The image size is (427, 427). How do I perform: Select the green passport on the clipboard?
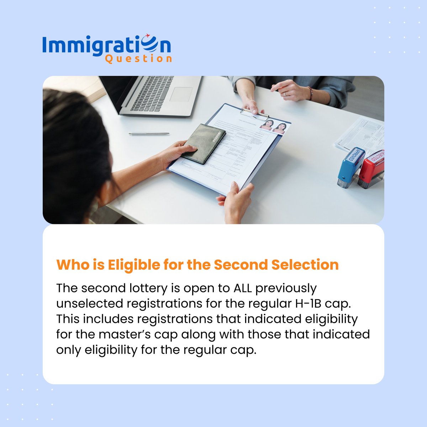click(203, 143)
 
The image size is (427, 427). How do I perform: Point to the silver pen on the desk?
click(149, 133)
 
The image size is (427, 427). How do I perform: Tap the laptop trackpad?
click(181, 94)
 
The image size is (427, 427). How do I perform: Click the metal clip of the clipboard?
click(254, 114)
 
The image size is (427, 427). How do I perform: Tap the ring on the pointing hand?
click(285, 94)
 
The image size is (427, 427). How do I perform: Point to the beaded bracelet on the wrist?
click(310, 93)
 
